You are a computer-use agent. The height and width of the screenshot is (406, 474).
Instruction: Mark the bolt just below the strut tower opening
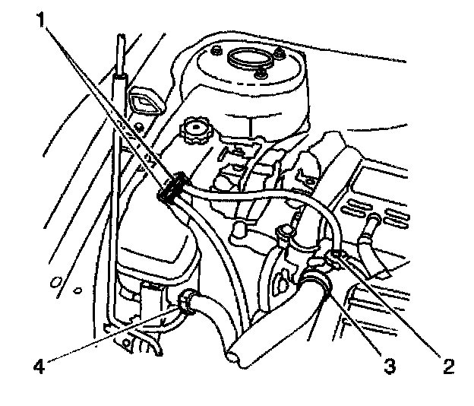click(x=263, y=74)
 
